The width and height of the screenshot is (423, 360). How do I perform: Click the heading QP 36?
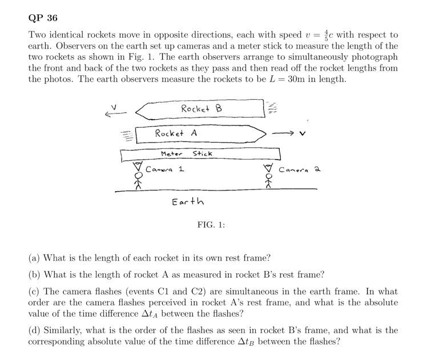[43, 18]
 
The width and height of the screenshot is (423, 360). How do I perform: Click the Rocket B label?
[201, 108]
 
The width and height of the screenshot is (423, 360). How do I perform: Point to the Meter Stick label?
[186, 153]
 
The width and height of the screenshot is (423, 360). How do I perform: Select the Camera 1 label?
[164, 169]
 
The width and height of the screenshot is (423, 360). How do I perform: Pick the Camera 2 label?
[299, 169]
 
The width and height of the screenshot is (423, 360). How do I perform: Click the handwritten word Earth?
[188, 201]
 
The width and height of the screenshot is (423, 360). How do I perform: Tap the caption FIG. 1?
[211, 225]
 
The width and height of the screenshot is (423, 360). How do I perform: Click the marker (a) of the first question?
[34, 258]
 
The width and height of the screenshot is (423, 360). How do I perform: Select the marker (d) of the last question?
[34, 330]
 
